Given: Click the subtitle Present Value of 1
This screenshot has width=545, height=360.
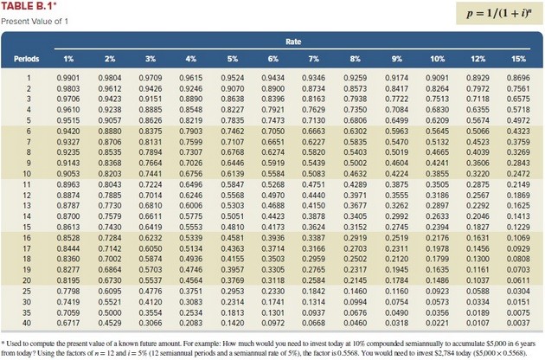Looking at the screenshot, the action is tap(35, 22).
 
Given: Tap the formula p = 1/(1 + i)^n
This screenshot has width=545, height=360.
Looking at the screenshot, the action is tap(499, 13).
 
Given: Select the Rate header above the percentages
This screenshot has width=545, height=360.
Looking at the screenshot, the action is tap(293, 42).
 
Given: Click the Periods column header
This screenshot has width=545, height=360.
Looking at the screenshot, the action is tap(27, 59).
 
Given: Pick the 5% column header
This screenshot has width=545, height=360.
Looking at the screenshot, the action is tap(233, 59).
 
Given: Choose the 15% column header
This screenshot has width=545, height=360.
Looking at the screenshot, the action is tap(518, 59).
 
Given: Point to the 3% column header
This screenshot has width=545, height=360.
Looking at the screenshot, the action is tap(151, 59).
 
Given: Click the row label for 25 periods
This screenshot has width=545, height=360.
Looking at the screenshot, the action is tap(27, 291).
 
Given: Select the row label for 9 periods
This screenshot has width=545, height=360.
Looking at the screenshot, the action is tap(29, 163).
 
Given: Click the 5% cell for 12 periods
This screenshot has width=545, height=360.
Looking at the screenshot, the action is tap(233, 195).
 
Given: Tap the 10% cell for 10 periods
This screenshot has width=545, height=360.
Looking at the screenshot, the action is tap(437, 174).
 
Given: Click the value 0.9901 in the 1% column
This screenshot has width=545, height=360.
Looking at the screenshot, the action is tap(68, 78).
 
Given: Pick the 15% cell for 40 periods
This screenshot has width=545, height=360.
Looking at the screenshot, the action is tap(518, 323).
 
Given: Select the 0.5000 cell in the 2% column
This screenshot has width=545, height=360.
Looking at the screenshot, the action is tap(110, 312).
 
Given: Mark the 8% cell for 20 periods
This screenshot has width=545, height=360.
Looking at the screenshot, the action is tap(356, 280).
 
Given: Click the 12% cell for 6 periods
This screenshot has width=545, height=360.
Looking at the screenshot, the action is tap(478, 132).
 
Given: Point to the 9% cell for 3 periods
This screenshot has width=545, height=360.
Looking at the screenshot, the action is tap(396, 99).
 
